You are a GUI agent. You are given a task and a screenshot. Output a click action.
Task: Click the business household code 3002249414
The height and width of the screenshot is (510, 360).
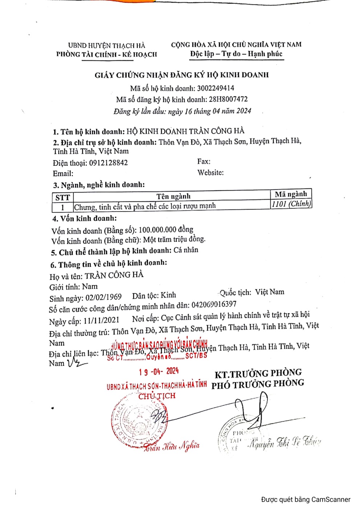coord(215,88)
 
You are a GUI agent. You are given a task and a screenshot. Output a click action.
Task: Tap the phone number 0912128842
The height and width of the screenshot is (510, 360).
coord(108,162)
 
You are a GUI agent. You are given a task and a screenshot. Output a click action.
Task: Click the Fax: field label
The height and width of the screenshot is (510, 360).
coord(204,161)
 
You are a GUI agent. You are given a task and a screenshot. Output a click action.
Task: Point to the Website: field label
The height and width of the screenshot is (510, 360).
coord(210,173)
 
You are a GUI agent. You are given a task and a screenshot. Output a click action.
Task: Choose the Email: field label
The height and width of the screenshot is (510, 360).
coord(63,173)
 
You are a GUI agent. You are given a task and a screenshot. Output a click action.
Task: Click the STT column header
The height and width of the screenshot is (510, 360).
coord(62,197)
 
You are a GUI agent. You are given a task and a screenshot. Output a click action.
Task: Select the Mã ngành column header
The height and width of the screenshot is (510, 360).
coord(291,194)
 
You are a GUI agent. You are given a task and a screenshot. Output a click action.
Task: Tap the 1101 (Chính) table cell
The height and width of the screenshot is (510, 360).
coord(291,204)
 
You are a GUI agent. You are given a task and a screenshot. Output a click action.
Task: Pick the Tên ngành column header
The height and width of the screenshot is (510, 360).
coord(173,196)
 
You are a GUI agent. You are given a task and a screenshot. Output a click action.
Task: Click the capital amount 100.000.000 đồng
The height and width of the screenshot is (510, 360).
coord(166,230)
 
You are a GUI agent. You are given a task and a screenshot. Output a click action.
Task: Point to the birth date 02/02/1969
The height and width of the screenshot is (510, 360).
coord(104,297)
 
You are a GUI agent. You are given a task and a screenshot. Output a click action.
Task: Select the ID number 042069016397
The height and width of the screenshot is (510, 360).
coord(214,304)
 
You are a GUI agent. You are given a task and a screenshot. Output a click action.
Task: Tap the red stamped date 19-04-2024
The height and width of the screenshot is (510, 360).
coord(159,371)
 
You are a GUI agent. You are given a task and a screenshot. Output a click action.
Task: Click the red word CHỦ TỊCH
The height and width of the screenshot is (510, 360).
coord(157,396)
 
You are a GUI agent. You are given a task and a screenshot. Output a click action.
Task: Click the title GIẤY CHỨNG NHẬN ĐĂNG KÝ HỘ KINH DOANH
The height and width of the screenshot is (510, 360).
coord(182,75)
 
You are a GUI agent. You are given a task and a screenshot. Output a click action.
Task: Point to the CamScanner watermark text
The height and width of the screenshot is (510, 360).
coord(306,499)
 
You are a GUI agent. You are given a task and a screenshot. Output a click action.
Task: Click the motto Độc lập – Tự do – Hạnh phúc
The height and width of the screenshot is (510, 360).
coord(236,54)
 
